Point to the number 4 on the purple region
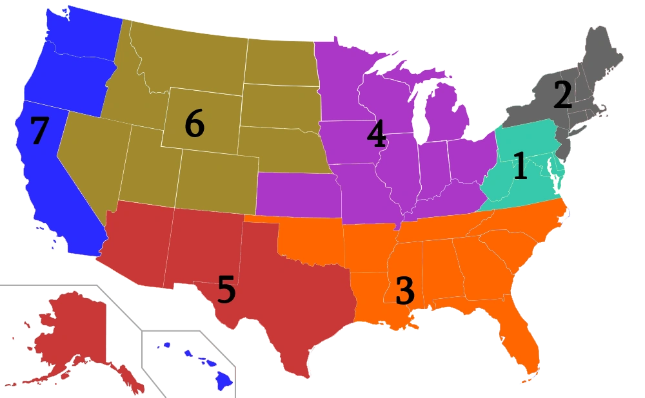(376, 135)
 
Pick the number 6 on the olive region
(194, 124)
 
